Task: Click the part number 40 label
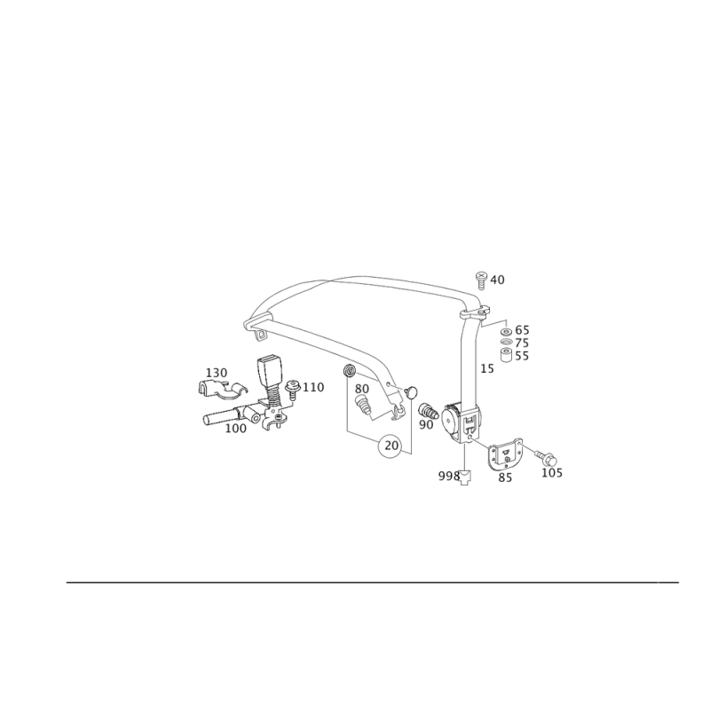[x=497, y=280]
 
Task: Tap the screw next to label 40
[x=481, y=280]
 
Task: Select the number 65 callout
[x=522, y=330]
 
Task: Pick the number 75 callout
[x=522, y=343]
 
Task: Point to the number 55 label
[x=522, y=356]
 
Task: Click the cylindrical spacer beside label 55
[x=506, y=356]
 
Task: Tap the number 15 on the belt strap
[x=487, y=368]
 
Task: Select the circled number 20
[x=391, y=446]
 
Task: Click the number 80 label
[x=362, y=389]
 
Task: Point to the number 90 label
[x=426, y=425]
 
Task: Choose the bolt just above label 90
[x=428, y=410]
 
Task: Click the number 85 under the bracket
[x=505, y=477]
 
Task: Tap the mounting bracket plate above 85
[x=505, y=454]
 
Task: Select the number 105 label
[x=552, y=473]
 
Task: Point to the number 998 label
[x=449, y=477]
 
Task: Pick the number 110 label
[x=313, y=388]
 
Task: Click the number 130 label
[x=217, y=373]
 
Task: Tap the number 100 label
[x=236, y=429]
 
